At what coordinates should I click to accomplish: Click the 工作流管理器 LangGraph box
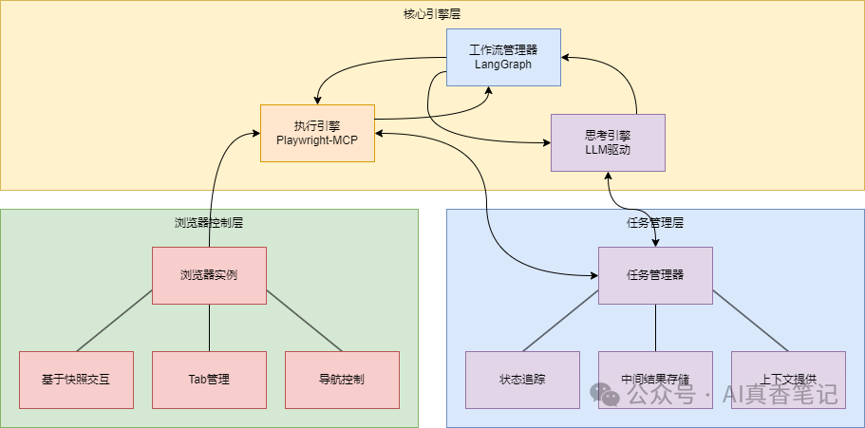[503, 57]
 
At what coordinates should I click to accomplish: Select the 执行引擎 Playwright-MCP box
[317, 133]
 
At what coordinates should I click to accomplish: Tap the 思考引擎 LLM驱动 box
[608, 142]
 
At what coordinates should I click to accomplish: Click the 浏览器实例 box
[209, 275]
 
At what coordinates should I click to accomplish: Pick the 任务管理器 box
[655, 275]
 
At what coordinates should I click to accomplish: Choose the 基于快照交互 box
[76, 380]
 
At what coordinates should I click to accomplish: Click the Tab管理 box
[209, 380]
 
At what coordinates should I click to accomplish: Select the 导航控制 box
[342, 380]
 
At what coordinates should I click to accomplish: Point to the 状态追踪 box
[522, 380]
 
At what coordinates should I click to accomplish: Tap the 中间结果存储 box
[655, 380]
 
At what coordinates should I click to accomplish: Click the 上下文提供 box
[788, 380]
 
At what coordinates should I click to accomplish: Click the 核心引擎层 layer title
[432, 13]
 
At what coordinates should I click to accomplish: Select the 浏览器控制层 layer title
[209, 223]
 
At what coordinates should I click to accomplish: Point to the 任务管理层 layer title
[655, 223]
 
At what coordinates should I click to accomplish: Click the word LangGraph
[503, 65]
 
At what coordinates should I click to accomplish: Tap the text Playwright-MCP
[317, 140]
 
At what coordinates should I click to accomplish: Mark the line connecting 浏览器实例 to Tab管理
[209, 327]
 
